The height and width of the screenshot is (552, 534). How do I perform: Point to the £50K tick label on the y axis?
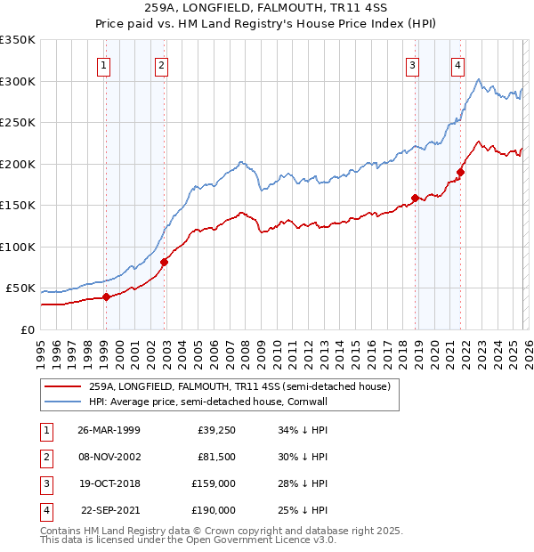(x=20, y=288)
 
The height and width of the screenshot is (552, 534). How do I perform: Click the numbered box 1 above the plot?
(x=104, y=64)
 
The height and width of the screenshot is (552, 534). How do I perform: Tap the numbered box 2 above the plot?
(x=161, y=64)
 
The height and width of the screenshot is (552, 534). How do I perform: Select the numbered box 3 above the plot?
(x=413, y=64)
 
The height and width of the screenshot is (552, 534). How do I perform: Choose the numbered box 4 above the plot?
(x=457, y=64)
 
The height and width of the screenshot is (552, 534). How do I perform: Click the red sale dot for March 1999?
(x=106, y=297)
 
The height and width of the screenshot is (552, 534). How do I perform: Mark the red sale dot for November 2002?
(x=164, y=262)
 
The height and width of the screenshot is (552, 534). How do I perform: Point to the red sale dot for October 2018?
(x=415, y=198)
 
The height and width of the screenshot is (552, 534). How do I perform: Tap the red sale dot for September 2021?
(x=460, y=172)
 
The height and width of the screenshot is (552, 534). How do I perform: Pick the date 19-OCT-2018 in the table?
(x=109, y=483)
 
